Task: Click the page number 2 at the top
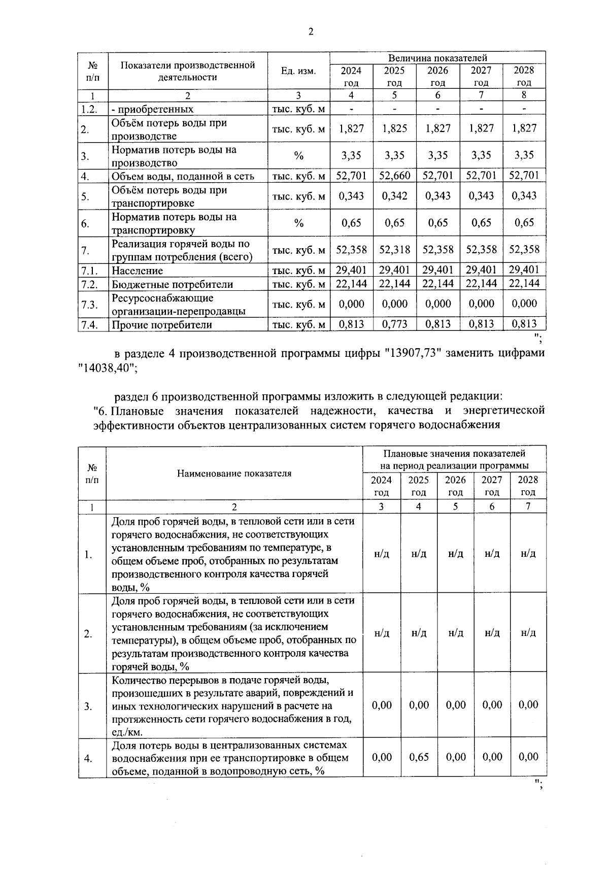point(311,32)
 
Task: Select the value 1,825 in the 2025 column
point(394,128)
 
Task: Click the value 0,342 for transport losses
point(394,196)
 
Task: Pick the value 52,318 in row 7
point(394,249)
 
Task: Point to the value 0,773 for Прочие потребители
point(394,324)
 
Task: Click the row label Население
point(138,271)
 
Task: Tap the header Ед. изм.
point(298,71)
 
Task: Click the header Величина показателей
point(437,58)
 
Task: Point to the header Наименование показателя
point(234,473)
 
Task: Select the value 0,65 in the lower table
point(419,757)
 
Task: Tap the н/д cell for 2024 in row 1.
point(381,553)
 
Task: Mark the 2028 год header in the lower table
point(528,486)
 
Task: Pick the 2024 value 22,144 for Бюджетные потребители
point(351,283)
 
